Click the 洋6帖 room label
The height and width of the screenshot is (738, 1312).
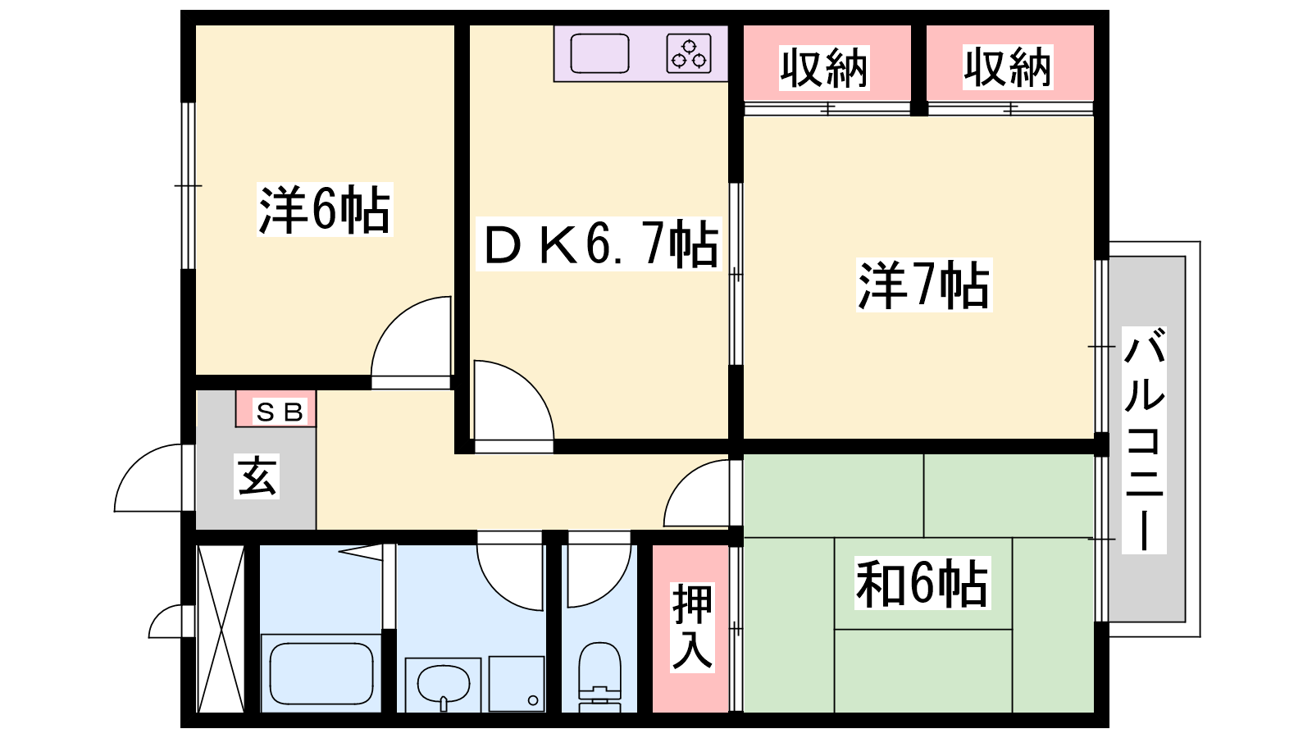click(x=325, y=210)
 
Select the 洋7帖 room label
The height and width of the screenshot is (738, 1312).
click(x=923, y=285)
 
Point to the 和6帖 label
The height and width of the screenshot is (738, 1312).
click(x=922, y=583)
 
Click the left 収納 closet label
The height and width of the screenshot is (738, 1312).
click(x=824, y=68)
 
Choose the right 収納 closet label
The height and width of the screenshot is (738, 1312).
click(x=1008, y=67)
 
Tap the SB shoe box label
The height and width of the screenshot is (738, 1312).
click(x=280, y=412)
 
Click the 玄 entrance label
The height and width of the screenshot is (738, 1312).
click(x=257, y=476)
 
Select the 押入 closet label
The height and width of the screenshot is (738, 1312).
click(x=692, y=627)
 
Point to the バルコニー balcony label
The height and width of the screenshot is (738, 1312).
click(x=1144, y=440)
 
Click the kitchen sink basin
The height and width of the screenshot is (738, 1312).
click(x=599, y=53)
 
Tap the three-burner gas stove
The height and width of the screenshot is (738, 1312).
click(x=689, y=53)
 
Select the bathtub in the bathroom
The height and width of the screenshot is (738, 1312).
click(x=321, y=673)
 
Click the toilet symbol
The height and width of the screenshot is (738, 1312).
click(x=599, y=676)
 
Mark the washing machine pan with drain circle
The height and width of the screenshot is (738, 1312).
click(x=517, y=684)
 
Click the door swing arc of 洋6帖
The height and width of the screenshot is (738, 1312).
click(x=411, y=337)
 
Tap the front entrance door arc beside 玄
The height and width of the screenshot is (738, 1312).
click(x=148, y=478)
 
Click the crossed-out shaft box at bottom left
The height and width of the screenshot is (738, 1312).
click(x=221, y=628)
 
